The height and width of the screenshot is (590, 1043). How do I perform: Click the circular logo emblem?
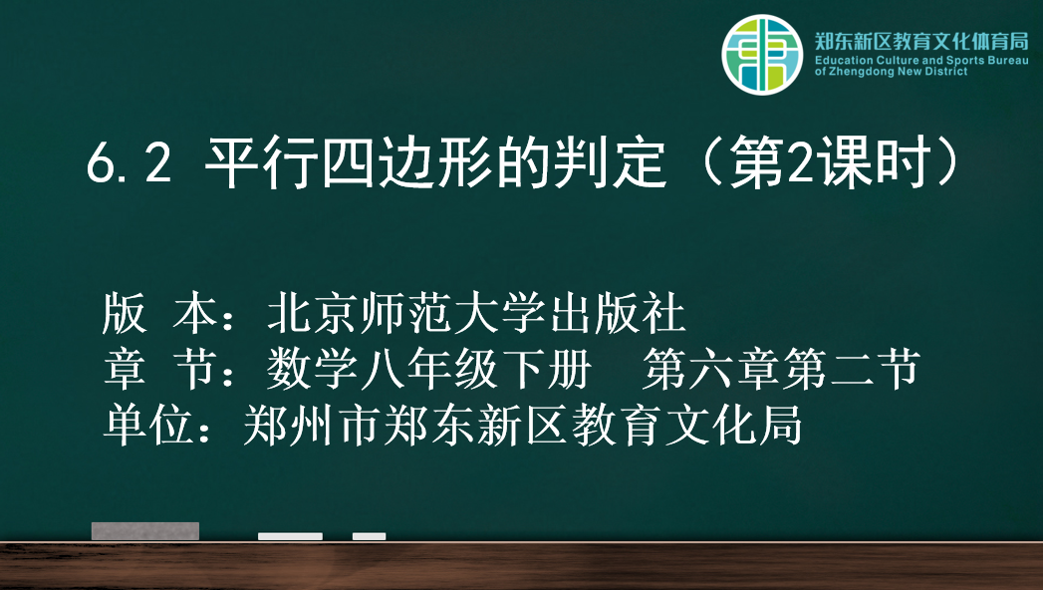point(762,55)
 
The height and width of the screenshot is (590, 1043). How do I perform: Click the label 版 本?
point(159,313)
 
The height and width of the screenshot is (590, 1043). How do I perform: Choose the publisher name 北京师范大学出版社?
point(475,313)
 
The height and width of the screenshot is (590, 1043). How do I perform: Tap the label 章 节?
point(159,369)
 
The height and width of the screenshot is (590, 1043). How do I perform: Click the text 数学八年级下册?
point(429,369)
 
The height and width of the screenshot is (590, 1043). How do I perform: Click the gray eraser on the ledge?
point(145,531)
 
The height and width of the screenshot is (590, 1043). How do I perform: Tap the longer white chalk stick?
point(290,536)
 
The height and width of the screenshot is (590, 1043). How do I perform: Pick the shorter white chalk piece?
point(370,536)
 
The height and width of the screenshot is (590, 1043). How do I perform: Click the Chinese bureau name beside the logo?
point(921,41)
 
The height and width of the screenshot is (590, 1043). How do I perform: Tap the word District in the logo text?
point(946,71)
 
